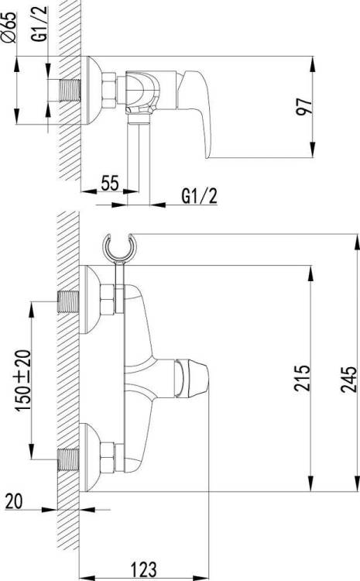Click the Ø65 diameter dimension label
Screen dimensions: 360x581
pyautogui.click(x=10, y=27)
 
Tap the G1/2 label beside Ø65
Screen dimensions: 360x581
pyautogui.click(x=41, y=24)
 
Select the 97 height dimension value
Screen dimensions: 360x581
pyautogui.click(x=304, y=107)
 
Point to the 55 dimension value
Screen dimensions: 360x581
pyautogui.click(x=110, y=183)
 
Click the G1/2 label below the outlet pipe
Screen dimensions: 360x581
pyautogui.click(x=199, y=196)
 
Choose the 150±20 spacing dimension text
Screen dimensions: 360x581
pyautogui.click(x=23, y=380)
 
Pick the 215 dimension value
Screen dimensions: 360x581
pyautogui.click(x=302, y=378)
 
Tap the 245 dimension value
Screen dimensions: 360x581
pyautogui.click(x=348, y=379)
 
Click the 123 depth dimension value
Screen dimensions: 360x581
pyautogui.click(x=144, y=569)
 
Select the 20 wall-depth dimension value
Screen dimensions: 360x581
pyautogui.click(x=14, y=501)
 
